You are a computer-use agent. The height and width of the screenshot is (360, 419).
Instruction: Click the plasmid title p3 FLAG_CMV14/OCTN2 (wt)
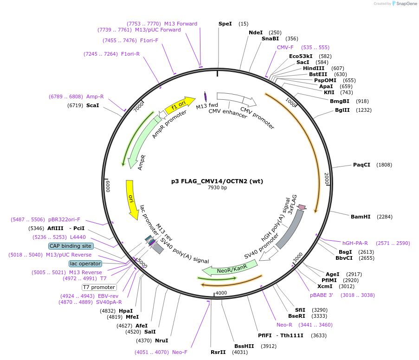coord(217,181)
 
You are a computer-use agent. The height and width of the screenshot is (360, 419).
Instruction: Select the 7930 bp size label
coord(217,188)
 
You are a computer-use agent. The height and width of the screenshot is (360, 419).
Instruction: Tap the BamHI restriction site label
coord(361,217)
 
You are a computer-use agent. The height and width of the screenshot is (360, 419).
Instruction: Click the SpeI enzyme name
coord(225,24)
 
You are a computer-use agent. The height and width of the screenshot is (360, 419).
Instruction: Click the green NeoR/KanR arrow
coord(231,268)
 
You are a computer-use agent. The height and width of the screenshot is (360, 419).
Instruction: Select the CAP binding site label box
coord(71,246)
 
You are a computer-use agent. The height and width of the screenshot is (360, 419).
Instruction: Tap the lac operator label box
coord(85,264)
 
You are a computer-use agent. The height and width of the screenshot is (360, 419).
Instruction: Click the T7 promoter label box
coord(99,287)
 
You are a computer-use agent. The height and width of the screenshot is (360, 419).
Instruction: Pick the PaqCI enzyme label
coord(361,165)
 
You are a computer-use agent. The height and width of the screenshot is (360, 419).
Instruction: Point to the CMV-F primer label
coord(285,47)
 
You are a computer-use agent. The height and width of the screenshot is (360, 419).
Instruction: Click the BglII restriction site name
coord(342,110)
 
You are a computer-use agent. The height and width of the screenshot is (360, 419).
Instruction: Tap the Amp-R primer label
coord(95,96)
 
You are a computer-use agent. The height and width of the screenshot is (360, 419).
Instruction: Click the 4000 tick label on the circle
coord(221,293)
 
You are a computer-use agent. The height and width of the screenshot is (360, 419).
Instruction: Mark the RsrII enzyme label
coord(218,352)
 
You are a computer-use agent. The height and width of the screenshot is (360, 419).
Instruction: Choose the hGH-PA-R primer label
coord(355,243)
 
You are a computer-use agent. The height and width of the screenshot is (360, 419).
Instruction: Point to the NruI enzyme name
coord(161,341)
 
